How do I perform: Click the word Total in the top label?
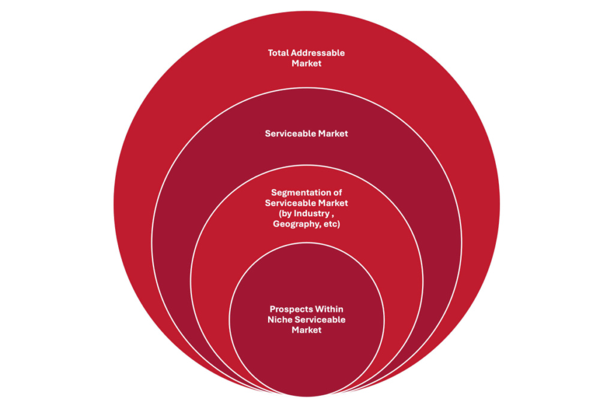pos(278,53)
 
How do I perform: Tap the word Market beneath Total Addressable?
pos(306,63)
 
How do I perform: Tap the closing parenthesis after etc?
pos(339,224)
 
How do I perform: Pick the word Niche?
pos(279,320)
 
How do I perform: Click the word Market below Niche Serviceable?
pos(306,330)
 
